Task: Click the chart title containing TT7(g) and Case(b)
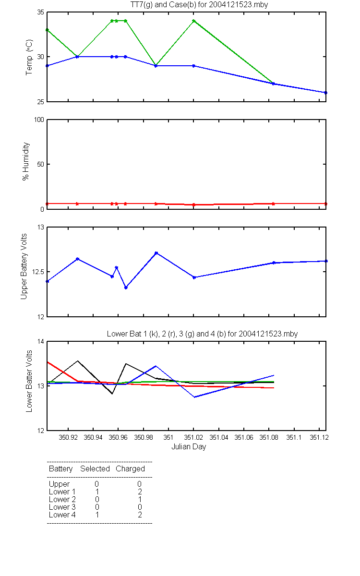tap(199, 5)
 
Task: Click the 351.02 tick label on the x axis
tap(193, 437)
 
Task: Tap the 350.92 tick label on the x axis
tap(68, 437)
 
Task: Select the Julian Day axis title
tap(189, 447)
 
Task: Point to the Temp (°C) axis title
tap(29, 57)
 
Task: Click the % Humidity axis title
tap(26, 161)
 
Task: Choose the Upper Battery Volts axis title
tap(24, 266)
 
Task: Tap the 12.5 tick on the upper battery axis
tap(38, 272)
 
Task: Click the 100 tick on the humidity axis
tap(39, 120)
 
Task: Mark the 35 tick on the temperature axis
tap(41, 12)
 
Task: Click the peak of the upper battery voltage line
tap(156, 253)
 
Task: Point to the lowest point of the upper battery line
tap(126, 288)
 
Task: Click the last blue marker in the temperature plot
tap(325, 93)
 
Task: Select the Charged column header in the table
tap(130, 469)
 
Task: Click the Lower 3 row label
tap(62, 507)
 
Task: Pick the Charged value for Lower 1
tap(140, 492)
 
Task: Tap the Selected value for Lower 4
tap(97, 515)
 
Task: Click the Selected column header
tap(95, 469)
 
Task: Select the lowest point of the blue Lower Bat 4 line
tap(195, 397)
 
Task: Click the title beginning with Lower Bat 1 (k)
tap(202, 334)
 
